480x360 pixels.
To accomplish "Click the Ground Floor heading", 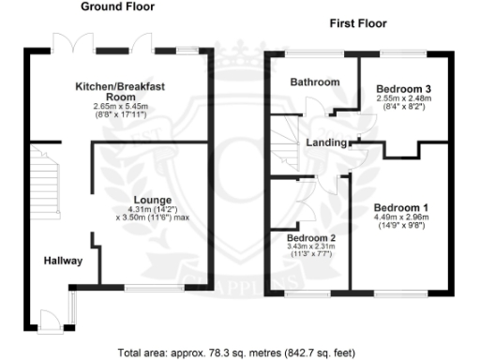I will click(118, 7).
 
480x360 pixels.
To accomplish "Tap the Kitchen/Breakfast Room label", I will click(121, 91).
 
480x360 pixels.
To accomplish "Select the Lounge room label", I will click(151, 199).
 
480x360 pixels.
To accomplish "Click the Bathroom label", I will click(314, 82).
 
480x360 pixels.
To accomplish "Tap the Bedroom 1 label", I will click(401, 207).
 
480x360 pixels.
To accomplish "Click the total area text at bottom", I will click(237, 352).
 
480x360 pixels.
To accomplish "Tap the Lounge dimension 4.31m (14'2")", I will click(152, 209).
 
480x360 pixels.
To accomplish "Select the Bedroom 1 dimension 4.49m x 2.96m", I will click(401, 217).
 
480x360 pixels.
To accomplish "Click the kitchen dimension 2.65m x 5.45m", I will click(121, 108).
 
